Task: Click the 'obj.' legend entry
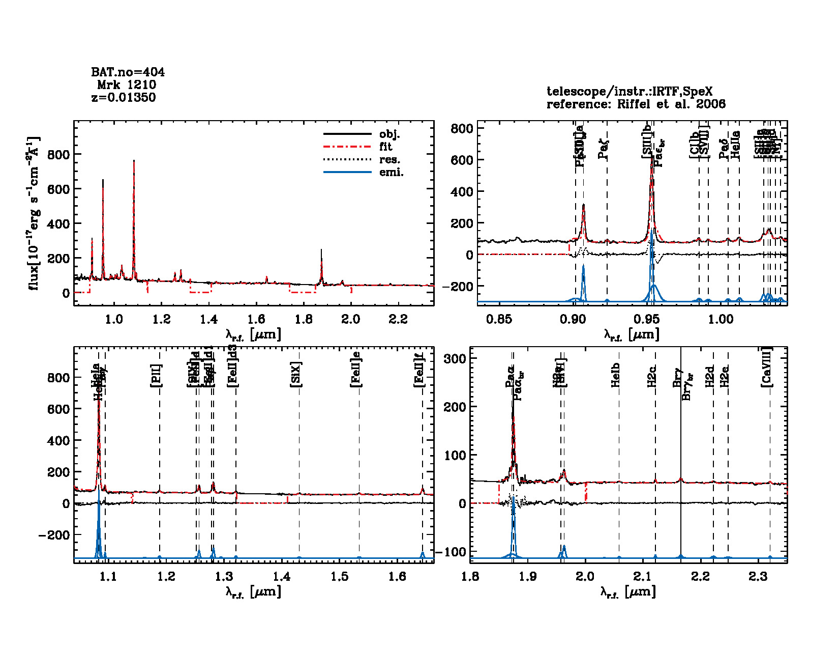389,134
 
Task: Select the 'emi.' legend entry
391,173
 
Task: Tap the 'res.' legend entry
389,160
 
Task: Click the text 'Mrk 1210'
127,85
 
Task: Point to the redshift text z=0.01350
124,97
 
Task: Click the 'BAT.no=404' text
128,72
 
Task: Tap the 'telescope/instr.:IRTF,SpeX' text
630,92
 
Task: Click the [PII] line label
157,376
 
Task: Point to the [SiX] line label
296,375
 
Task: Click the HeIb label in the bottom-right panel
616,375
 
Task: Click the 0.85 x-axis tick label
499,319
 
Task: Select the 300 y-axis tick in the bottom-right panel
455,358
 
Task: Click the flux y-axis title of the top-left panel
34,214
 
